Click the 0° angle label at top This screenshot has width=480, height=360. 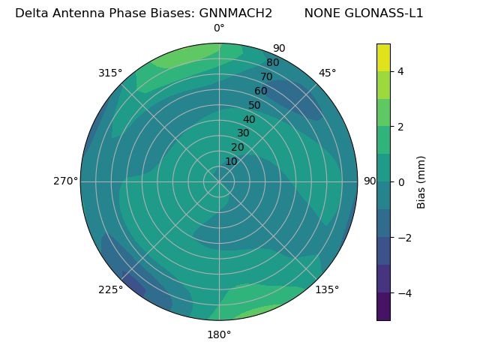point(219,28)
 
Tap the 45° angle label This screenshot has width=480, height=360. point(328,73)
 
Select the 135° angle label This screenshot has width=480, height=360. point(327,289)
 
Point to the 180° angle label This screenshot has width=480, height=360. point(219,334)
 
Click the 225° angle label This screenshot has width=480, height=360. point(110,289)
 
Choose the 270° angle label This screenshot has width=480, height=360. point(65,181)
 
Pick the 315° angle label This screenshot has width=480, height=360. point(110,73)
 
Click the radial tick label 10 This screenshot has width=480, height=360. point(231,161)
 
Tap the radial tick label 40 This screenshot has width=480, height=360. point(249,119)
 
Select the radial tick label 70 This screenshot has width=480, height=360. point(266,76)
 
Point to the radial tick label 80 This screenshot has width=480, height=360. point(272,62)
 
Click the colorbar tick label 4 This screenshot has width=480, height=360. point(401,71)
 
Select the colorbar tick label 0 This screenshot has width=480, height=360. point(401,181)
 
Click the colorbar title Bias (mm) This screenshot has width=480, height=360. point(421,181)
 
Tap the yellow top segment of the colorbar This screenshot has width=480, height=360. point(383,57)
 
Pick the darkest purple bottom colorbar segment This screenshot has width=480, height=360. point(383,307)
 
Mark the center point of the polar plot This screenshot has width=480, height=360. point(219,181)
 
